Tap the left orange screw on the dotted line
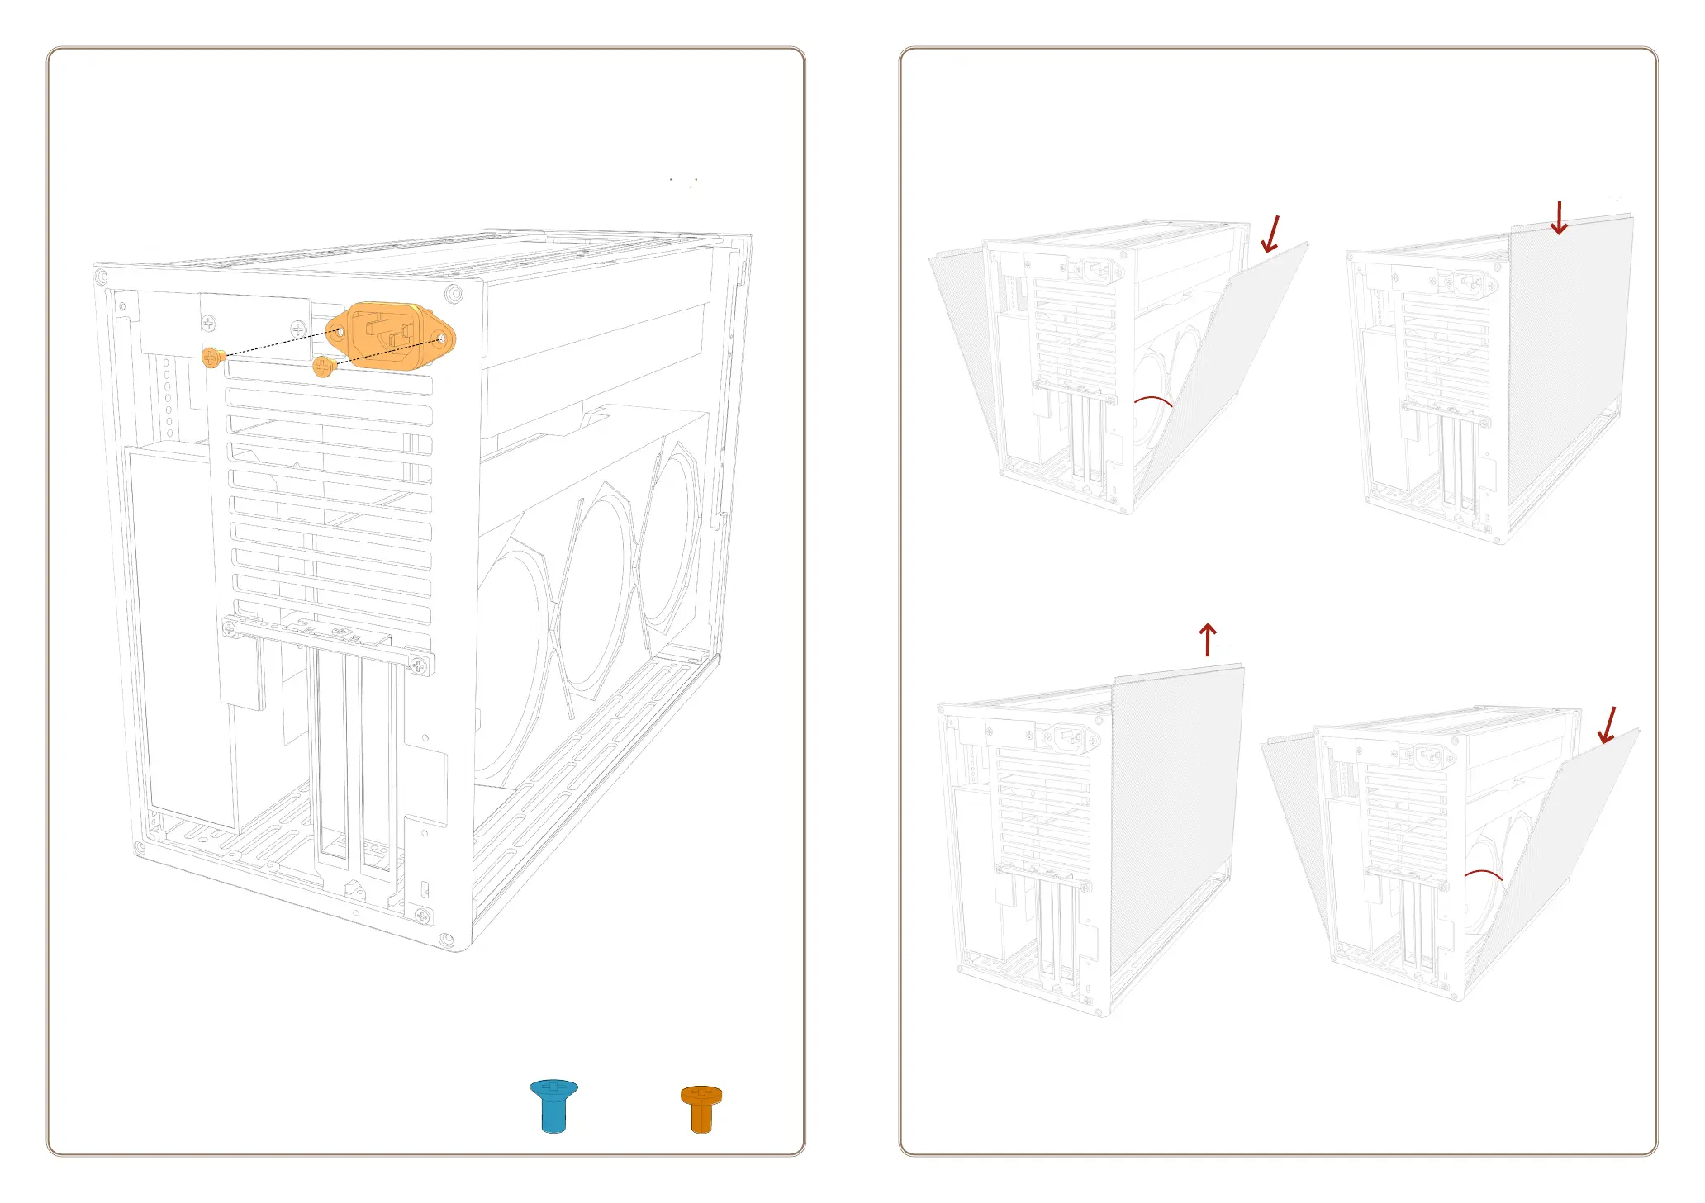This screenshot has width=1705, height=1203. coord(212,358)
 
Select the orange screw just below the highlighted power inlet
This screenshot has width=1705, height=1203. coord(323,366)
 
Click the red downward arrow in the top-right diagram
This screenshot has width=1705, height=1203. coord(1559,218)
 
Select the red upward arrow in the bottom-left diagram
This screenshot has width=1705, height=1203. coord(1208,639)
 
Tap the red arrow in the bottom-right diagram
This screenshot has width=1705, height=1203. coord(1608,725)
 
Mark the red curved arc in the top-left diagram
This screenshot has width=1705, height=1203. coord(1153,400)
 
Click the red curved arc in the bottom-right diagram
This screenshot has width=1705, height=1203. coord(1483,874)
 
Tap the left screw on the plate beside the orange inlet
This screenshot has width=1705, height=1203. coord(210,323)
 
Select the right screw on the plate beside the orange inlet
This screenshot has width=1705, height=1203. coord(299,329)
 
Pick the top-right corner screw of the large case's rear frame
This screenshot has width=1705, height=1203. coord(453,294)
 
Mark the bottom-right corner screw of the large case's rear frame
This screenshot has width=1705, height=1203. coord(446,940)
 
